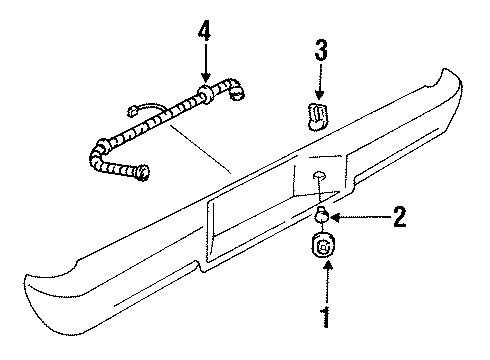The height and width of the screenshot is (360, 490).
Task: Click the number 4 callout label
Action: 204,32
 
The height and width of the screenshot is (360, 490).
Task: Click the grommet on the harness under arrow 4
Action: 205,96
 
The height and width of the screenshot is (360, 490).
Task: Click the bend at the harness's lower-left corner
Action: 97,151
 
